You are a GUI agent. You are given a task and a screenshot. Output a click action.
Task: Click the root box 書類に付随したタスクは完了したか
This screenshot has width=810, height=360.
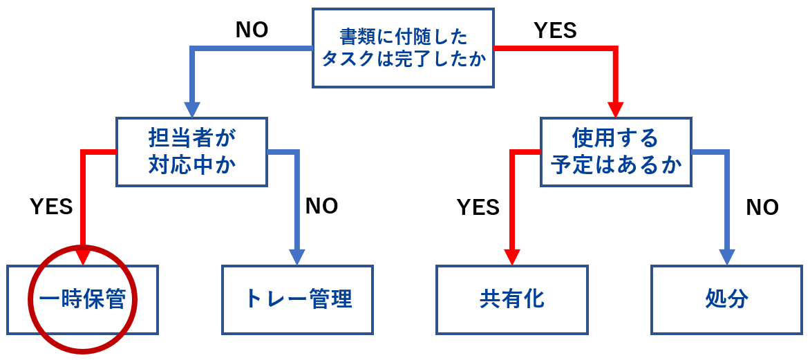(403, 48)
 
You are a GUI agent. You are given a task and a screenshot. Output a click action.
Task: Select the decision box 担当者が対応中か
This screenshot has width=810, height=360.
(191, 152)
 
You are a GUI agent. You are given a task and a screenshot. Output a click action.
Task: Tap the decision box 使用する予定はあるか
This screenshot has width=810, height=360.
(615, 152)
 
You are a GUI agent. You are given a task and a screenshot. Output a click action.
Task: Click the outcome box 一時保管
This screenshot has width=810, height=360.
(82, 300)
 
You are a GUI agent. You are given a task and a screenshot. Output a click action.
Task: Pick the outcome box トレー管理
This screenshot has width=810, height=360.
(297, 300)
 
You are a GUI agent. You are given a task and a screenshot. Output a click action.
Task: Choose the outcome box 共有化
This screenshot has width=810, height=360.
(511, 300)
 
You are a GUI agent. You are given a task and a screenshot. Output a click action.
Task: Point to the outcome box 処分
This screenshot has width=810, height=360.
(726, 300)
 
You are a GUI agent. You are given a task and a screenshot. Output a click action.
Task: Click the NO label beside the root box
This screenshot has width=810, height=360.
(252, 30)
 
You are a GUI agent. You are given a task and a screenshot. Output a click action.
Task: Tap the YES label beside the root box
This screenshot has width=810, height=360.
(555, 30)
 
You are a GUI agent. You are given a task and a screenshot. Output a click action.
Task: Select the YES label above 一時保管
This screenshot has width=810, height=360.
(51, 207)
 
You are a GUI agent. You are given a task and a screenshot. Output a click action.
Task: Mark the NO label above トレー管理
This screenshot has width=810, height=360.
(321, 206)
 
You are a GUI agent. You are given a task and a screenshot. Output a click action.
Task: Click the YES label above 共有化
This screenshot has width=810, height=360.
(478, 207)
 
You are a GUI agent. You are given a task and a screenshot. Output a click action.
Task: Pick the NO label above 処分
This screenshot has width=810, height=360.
(762, 207)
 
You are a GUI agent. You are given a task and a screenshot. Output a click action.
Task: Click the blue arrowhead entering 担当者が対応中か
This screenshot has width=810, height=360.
(191, 109)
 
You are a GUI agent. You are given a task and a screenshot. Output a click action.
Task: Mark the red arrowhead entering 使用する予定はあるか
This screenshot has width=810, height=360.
(615, 109)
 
